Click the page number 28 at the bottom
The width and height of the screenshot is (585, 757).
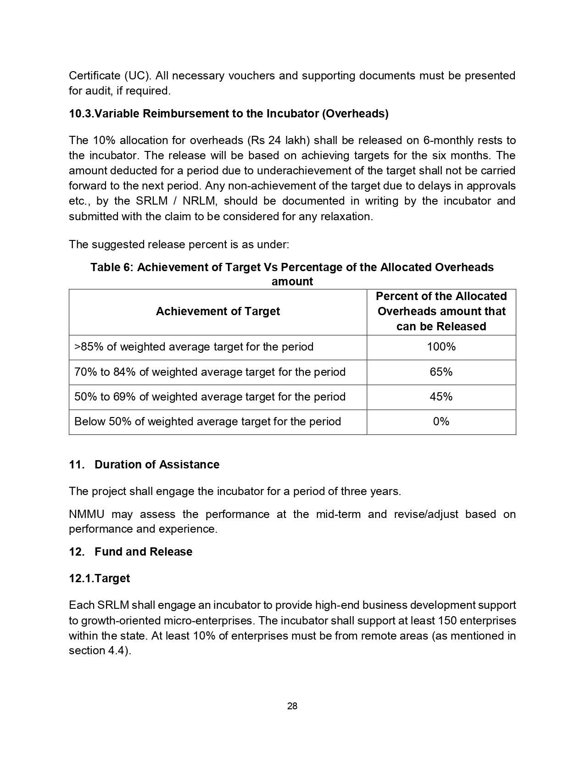click(292, 706)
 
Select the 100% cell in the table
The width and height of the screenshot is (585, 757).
click(441, 347)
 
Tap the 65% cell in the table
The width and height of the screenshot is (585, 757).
click(441, 372)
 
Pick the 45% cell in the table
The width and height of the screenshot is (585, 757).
click(441, 396)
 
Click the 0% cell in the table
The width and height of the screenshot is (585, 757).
click(441, 421)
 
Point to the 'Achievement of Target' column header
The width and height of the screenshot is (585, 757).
click(217, 312)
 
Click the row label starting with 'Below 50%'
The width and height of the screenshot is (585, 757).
click(207, 421)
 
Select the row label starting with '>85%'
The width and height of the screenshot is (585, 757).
click(194, 347)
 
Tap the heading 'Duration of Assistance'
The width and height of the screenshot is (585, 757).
click(157, 465)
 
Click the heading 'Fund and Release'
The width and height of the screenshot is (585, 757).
click(143, 551)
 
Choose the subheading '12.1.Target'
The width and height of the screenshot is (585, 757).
click(99, 579)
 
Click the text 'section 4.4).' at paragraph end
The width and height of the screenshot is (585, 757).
click(100, 651)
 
